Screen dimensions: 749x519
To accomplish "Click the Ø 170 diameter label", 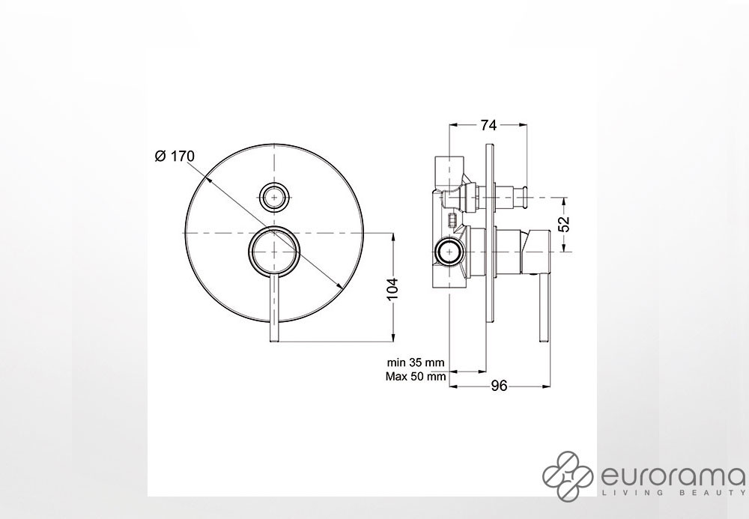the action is pos(175,156).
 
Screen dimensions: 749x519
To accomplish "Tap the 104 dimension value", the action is pos(392,288).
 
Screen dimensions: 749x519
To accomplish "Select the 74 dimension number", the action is pos(488,125).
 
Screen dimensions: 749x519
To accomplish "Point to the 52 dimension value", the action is pos(565,224).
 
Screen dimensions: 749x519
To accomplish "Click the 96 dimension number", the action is pos(499,385).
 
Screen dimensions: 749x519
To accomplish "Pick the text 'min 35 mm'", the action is pos(416,362).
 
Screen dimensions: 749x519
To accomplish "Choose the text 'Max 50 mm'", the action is pos(416,376).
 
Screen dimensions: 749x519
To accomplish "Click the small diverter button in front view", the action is pos(273,196).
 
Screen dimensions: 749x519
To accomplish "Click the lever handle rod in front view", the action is pos(273,309).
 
